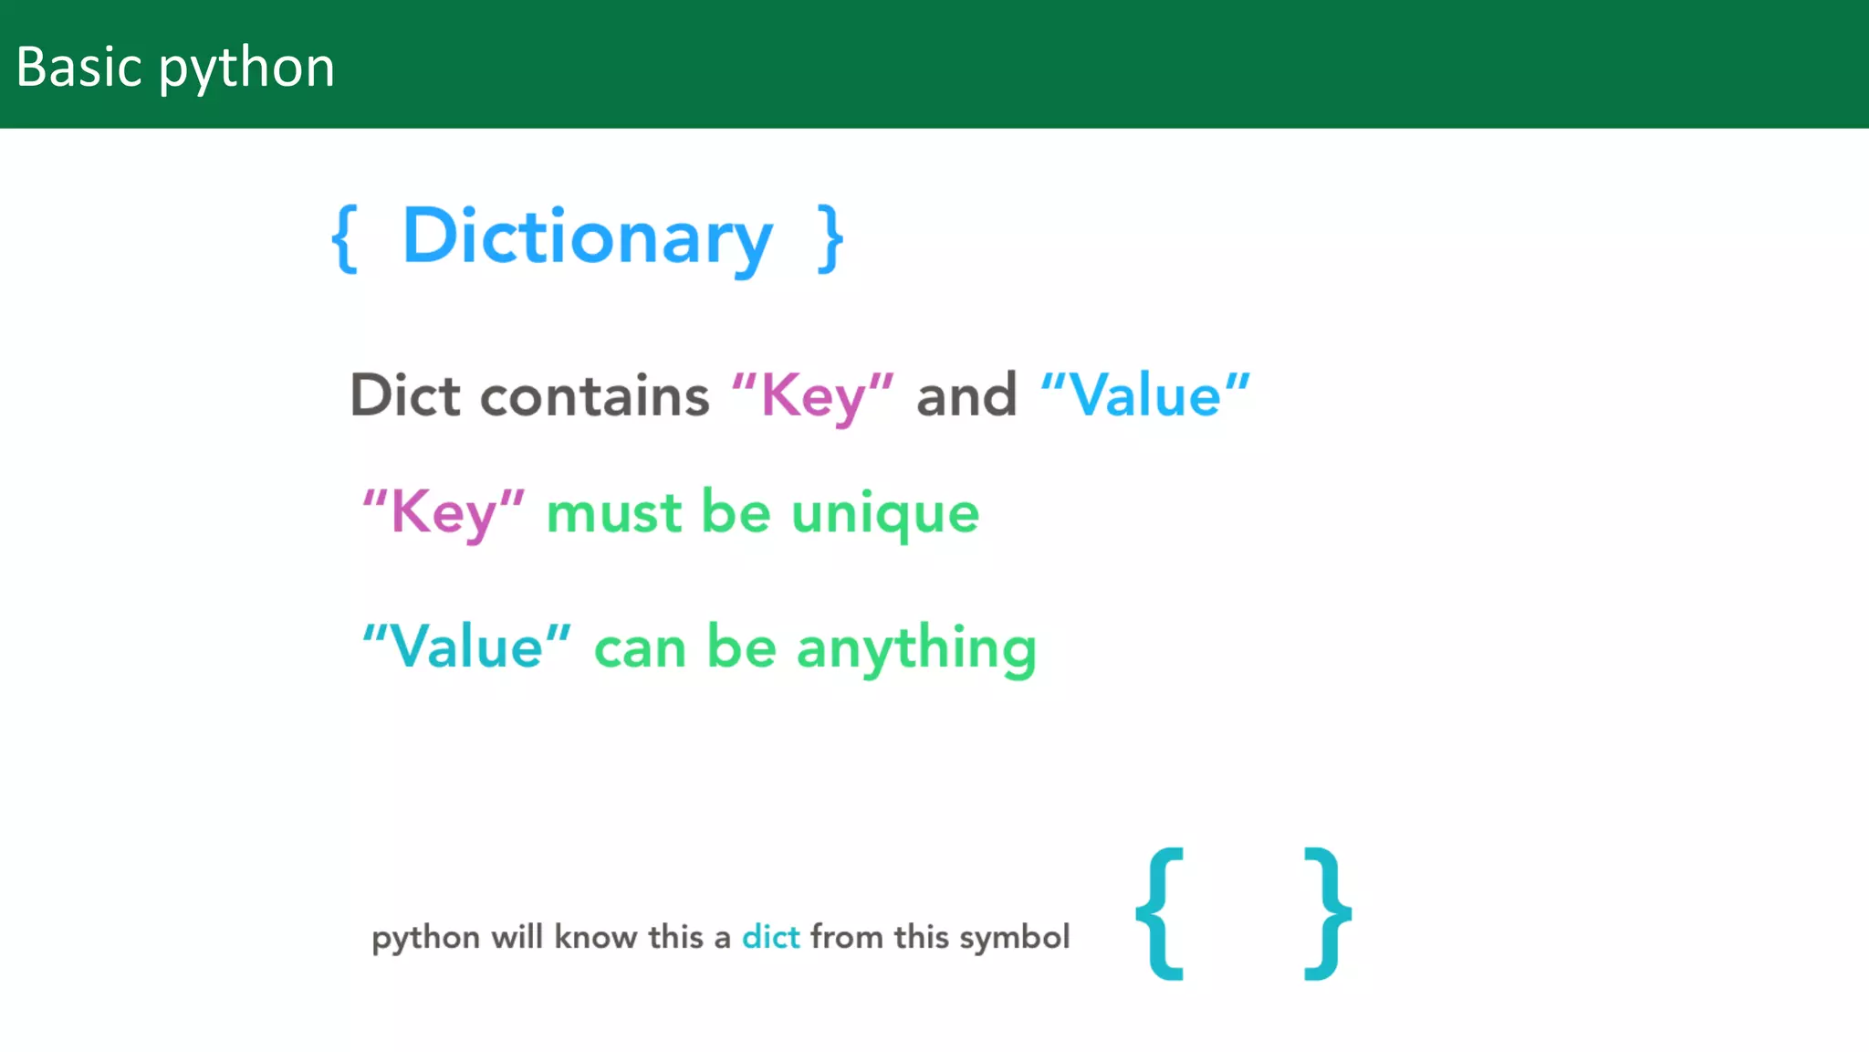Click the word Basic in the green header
point(78,68)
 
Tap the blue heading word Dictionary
point(587,237)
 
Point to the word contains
point(594,395)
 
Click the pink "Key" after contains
point(812,397)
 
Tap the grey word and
point(966,395)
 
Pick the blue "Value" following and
point(1144,395)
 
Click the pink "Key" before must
point(444,512)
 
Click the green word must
point(613,512)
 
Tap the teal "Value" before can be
point(466,647)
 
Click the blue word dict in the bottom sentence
point(770,937)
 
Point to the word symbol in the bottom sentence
point(1014,938)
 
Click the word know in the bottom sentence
point(595,937)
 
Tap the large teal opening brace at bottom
point(1161,913)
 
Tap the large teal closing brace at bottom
point(1327,913)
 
